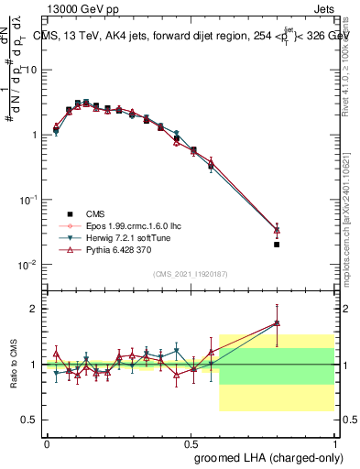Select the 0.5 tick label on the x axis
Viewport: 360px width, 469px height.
190,444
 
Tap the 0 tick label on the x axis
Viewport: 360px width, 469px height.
47,444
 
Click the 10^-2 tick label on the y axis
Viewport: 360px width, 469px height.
26,265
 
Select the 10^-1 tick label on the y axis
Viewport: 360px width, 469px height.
26,200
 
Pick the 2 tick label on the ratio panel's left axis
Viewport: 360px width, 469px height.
33,309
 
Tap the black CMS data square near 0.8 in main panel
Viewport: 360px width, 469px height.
276,245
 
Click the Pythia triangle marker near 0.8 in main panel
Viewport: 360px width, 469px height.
276,229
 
